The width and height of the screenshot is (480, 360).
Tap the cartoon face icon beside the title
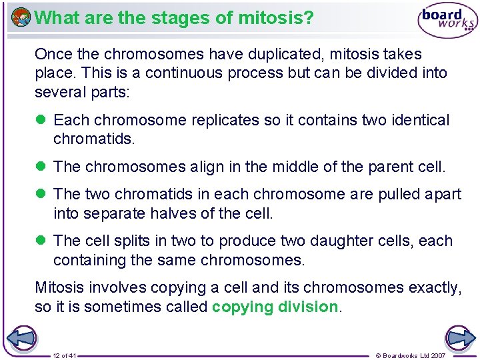tap(21, 17)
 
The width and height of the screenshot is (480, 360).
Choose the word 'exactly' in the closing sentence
tap(434, 287)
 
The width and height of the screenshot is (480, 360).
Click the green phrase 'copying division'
tap(275, 307)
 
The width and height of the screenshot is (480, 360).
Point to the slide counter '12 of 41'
tap(65, 355)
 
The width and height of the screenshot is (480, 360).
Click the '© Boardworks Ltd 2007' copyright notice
tap(420, 355)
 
